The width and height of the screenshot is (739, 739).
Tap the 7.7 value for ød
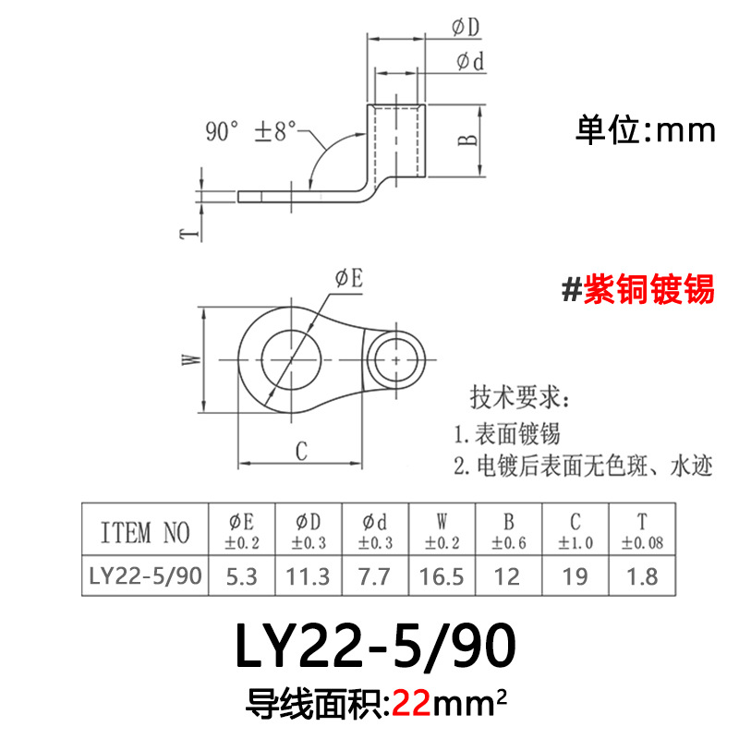(x=375, y=576)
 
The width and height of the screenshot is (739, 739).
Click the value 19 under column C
(x=575, y=576)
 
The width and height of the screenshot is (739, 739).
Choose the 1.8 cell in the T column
(x=642, y=576)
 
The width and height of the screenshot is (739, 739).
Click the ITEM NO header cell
(x=144, y=532)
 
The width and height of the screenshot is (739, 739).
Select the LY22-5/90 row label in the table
(x=145, y=576)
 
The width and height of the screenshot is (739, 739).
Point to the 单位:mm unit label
(x=646, y=129)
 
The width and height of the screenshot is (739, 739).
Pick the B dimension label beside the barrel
(x=468, y=139)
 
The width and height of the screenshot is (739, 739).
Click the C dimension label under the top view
(x=301, y=450)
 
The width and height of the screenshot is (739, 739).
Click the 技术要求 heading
(x=522, y=399)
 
